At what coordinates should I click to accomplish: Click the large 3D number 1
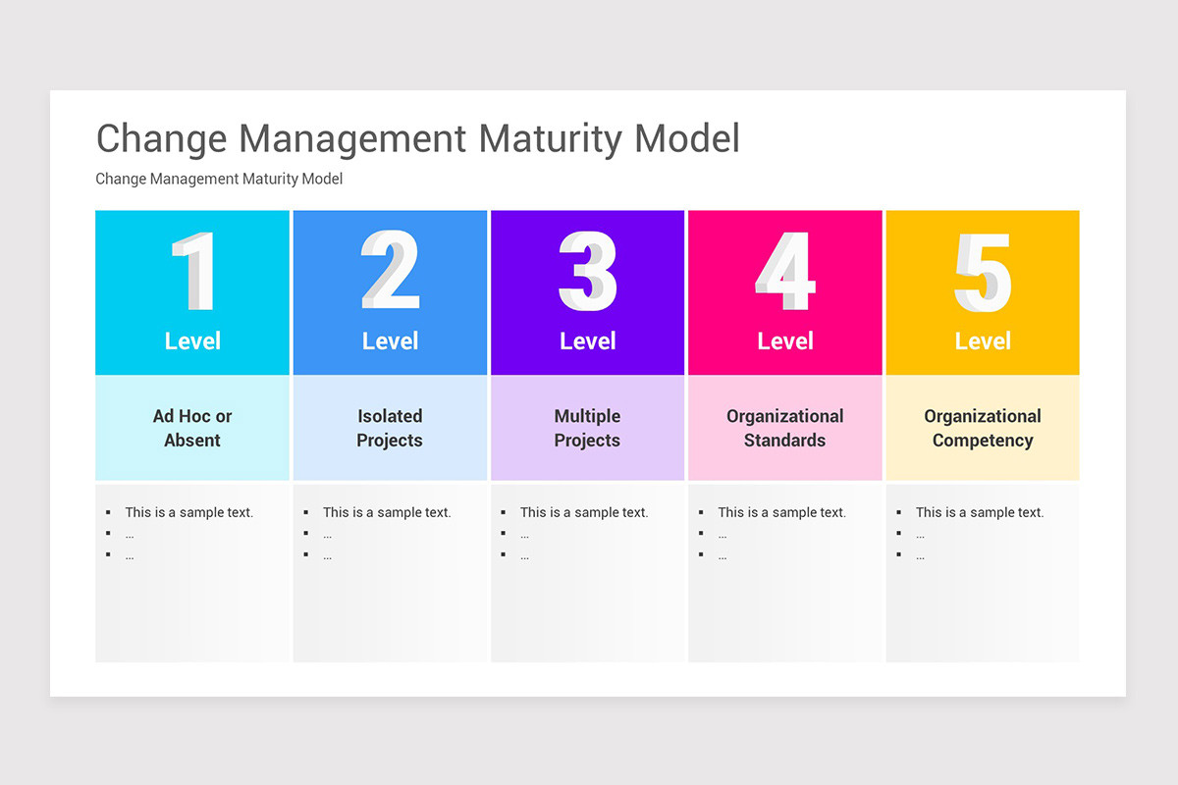[193, 272]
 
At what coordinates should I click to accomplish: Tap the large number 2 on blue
[390, 272]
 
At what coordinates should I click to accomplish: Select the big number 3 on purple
[587, 272]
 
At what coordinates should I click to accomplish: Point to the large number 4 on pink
[785, 272]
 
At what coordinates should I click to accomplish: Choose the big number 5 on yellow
[983, 272]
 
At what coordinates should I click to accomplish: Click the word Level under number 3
[587, 341]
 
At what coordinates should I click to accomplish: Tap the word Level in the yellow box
[983, 341]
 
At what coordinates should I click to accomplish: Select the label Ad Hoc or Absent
[192, 428]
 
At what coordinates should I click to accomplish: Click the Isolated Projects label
[390, 428]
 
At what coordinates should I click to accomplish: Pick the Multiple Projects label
[587, 428]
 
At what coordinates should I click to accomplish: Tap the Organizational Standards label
[785, 428]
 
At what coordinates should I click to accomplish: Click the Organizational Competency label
[983, 428]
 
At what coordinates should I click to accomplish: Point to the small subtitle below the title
[219, 179]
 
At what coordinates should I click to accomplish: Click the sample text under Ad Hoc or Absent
[188, 512]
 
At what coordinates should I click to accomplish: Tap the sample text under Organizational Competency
[980, 512]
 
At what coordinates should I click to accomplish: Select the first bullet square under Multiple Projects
[504, 512]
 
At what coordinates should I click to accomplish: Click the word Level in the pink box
[785, 341]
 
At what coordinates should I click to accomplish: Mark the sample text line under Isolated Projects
[387, 512]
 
